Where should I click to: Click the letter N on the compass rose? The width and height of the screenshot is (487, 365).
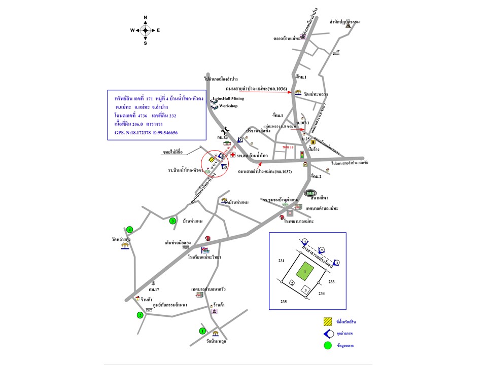point(145,18)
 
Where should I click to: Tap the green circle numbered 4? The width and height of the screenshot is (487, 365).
point(130,229)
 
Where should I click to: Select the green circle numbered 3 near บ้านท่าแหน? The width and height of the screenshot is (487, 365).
point(172,221)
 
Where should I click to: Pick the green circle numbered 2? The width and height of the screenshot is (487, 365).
point(140,315)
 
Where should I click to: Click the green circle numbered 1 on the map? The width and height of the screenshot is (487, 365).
point(202,331)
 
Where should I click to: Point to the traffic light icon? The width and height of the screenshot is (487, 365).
point(302,155)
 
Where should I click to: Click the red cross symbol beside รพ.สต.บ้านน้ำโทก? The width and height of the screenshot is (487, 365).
point(232,155)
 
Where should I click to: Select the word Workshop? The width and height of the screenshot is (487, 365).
point(228,106)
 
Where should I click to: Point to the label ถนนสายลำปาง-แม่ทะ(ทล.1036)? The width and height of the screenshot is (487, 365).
point(260,89)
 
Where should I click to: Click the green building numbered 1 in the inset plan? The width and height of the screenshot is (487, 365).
point(305,272)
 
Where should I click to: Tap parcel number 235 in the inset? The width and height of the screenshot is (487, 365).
point(283,302)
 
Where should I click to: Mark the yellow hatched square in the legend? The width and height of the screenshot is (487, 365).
point(327,321)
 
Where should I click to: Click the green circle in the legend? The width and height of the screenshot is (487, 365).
point(327,346)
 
